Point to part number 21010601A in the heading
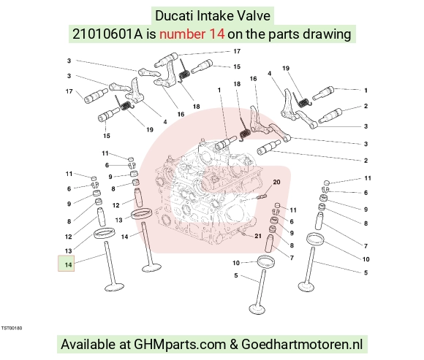(107, 34)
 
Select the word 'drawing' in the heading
(327, 35)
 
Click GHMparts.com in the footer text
(180, 345)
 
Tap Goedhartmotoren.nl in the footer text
(302, 345)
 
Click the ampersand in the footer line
(233, 345)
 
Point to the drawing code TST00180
(12, 328)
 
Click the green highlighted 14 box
(67, 264)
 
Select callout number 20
(276, 183)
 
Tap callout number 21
(258, 236)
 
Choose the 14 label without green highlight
(124, 237)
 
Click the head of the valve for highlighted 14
(114, 287)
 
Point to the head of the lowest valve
(259, 309)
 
